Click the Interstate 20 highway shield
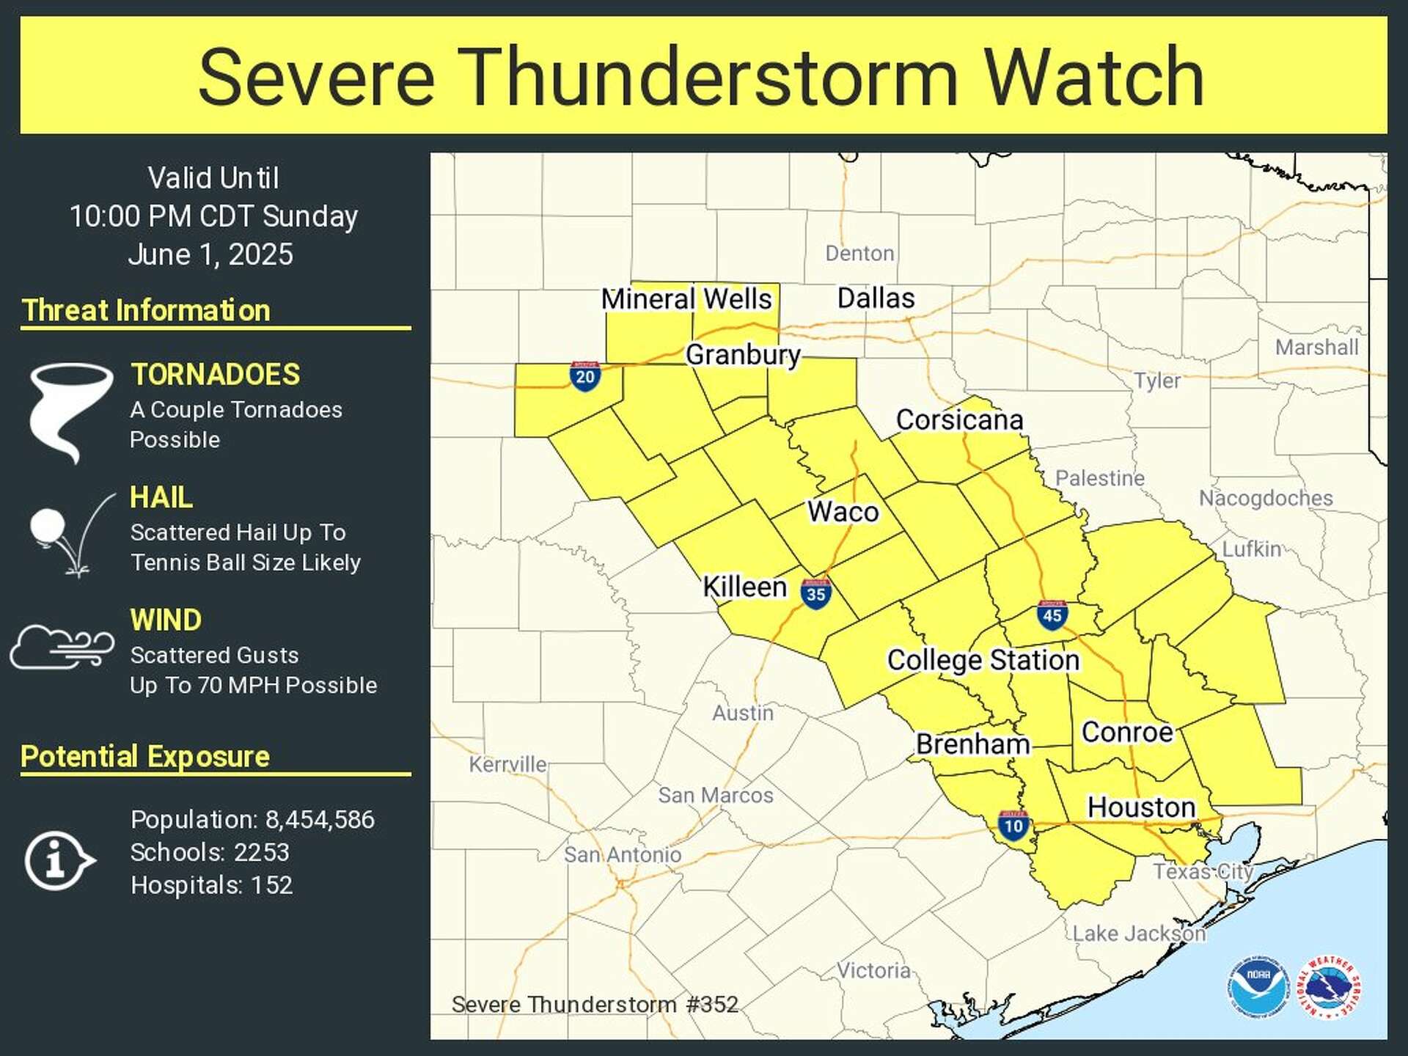(x=584, y=376)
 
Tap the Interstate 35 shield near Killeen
(x=815, y=593)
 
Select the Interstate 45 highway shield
(x=1052, y=615)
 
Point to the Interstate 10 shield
(x=1013, y=826)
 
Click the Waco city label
(x=843, y=512)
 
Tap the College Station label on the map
(x=983, y=660)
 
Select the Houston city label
(x=1141, y=807)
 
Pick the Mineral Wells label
(x=686, y=299)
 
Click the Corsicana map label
(x=959, y=420)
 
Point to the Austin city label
(x=742, y=713)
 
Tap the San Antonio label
(x=622, y=854)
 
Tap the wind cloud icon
(x=62, y=646)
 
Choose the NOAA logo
(x=1258, y=986)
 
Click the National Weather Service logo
(x=1329, y=987)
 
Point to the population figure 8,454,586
(x=320, y=819)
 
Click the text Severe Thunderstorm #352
(x=594, y=1004)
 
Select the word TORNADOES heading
(x=215, y=375)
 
